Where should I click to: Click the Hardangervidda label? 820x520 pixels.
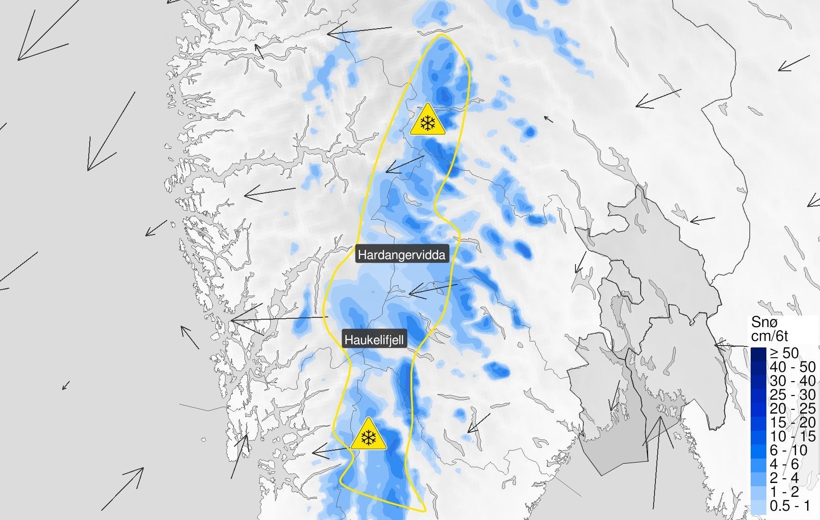coord(401,254)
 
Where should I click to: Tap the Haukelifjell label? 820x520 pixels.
coord(374,340)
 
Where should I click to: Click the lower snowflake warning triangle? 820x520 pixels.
coord(368,435)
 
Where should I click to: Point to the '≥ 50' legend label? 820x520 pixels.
coord(784,353)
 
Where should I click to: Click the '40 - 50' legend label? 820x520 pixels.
coord(792,367)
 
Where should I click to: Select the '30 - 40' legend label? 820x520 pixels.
coord(792,381)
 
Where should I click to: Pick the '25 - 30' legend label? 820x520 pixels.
coord(792,395)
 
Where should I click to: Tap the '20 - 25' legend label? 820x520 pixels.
coord(792,409)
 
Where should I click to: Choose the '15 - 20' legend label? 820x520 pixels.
coord(792,422)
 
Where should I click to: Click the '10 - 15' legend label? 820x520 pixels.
coord(792,436)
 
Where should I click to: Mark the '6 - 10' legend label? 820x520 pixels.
coord(789,450)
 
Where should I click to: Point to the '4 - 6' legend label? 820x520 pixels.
coord(784,464)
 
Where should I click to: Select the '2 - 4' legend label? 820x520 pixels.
coord(784,478)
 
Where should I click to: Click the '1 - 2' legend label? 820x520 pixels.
coord(784,492)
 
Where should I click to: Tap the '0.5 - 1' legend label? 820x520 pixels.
coord(790,506)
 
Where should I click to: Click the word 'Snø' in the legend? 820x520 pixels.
coord(765,322)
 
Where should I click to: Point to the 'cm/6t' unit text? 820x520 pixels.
coord(770,336)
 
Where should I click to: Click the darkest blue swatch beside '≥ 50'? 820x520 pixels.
coord(759,353)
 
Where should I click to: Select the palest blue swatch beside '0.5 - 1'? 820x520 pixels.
coord(759,506)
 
